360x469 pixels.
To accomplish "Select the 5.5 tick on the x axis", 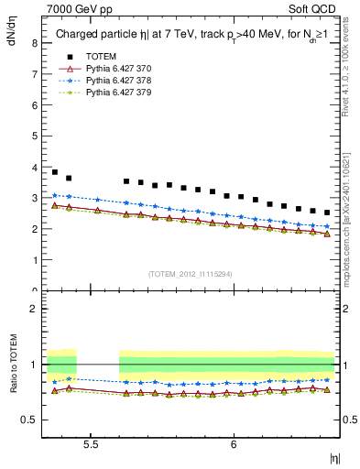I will coord(92,444).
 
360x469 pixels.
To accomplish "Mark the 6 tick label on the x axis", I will coord(234,444).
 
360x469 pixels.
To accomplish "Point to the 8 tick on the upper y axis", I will coord(33,42).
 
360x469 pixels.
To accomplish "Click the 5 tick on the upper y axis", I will coord(33,136).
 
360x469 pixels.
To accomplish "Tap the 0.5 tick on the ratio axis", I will coord(28,420).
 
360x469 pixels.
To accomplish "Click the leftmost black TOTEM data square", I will coord(55,172).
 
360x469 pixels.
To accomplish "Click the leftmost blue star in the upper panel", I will coord(55,195).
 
